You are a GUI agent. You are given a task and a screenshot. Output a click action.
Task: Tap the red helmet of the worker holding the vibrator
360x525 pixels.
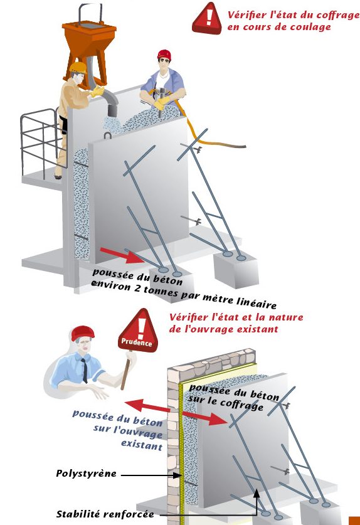164,54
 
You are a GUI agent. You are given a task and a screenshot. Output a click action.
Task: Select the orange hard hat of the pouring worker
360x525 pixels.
79,67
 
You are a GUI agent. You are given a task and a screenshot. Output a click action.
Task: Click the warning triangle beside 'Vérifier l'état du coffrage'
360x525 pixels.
207,19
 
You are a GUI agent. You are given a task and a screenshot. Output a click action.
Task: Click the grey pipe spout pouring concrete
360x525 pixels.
110,102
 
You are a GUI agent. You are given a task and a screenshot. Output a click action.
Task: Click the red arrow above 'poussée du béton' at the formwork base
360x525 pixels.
121,256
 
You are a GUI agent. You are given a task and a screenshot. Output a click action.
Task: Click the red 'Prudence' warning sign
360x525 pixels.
138,332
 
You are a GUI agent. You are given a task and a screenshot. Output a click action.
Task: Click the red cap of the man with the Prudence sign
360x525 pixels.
83,333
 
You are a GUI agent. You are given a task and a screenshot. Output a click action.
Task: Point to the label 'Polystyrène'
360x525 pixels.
87,474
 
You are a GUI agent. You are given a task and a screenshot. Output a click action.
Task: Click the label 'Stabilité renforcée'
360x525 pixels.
105,514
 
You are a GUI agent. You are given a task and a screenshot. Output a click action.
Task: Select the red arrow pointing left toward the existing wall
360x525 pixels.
147,405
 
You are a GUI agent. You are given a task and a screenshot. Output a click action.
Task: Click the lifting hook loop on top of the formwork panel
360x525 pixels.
108,135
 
